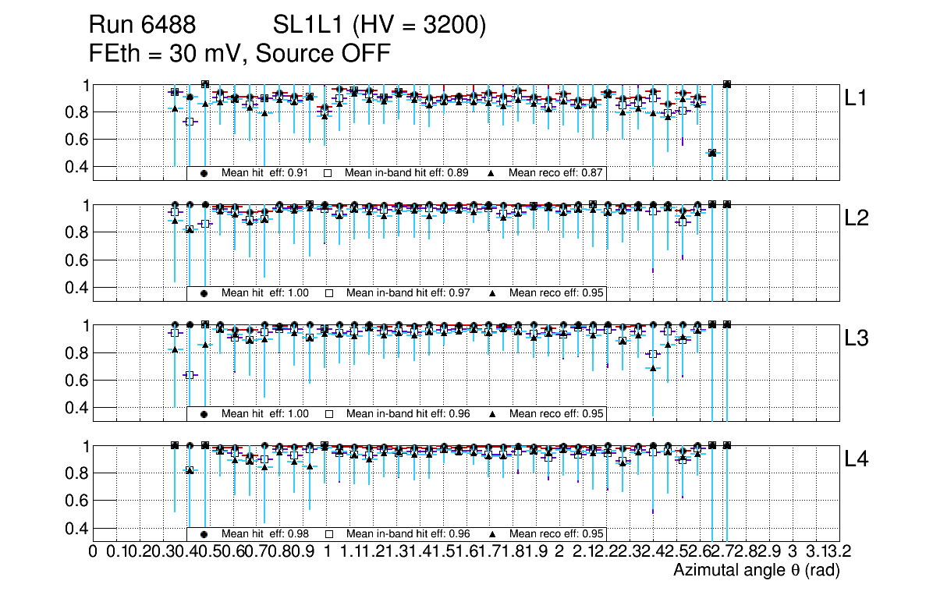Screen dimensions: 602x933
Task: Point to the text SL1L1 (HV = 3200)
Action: pyautogui.click(x=380, y=26)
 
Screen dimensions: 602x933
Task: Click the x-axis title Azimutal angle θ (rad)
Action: pyautogui.click(x=756, y=571)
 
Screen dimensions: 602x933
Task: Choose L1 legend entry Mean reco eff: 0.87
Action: pyautogui.click(x=556, y=173)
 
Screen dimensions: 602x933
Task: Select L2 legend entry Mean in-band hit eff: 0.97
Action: pyautogui.click(x=407, y=293)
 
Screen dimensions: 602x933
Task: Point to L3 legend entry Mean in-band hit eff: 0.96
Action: pyautogui.click(x=407, y=413)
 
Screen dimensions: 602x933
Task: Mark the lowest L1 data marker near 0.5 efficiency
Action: pyautogui.click(x=711, y=153)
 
